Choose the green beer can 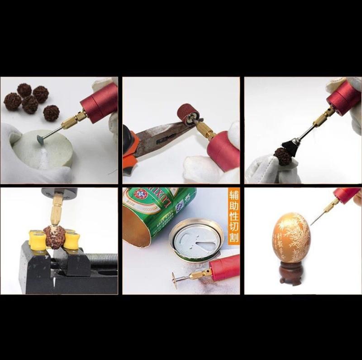tap(158, 213)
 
